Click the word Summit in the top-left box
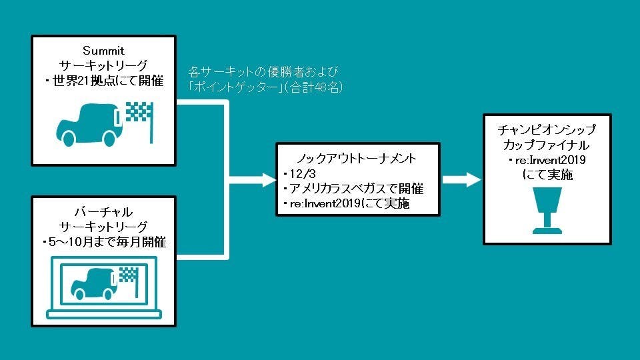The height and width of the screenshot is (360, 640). (103, 51)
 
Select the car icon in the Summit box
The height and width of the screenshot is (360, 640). (87, 125)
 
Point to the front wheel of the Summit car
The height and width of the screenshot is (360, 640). (108, 137)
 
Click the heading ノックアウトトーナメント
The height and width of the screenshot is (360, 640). (357, 159)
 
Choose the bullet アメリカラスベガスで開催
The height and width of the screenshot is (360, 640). (354, 189)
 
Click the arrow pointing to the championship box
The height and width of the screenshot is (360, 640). (461, 179)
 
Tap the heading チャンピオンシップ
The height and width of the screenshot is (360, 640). (547, 129)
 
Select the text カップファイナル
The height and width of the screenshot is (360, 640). (547, 145)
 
